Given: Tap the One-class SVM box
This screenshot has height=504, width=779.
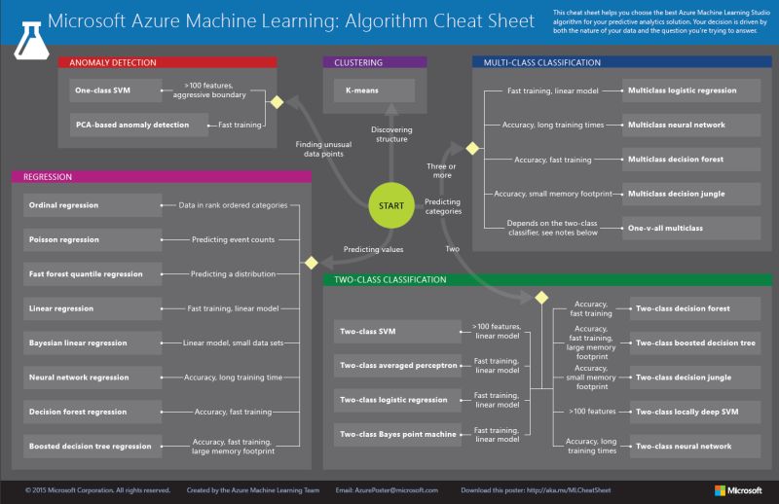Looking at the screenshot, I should point(114,90).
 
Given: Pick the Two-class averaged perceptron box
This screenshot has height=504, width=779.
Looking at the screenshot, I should point(398,366).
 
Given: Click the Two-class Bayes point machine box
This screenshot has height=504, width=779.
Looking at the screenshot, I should point(398,434).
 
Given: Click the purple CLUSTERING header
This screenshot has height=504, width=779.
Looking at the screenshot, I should point(374,62).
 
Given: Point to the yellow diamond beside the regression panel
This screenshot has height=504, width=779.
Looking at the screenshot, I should point(312,263).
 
